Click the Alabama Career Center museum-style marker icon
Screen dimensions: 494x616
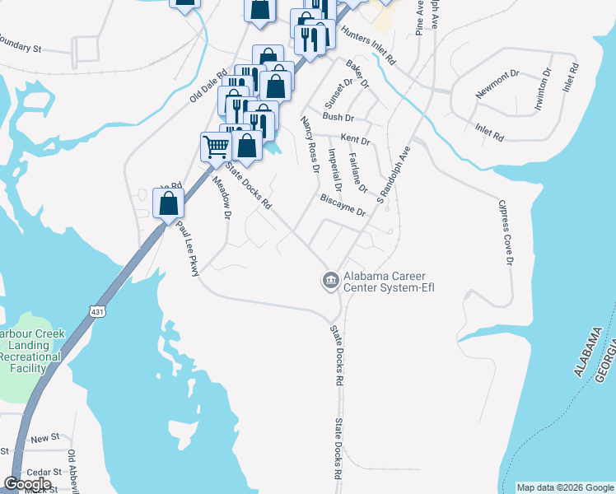pyautogui.click(x=330, y=281)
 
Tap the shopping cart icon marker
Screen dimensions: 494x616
pyautogui.click(x=216, y=147)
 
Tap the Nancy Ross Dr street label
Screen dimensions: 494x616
pyautogui.click(x=310, y=145)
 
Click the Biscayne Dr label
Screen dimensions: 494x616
pyautogui.click(x=343, y=206)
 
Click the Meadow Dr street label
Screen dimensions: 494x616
pyautogui.click(x=222, y=198)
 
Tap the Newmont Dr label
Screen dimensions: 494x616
pyautogui.click(x=497, y=89)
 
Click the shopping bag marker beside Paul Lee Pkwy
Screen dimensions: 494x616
pyautogui.click(x=168, y=203)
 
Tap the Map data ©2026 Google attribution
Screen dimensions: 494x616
pyautogui.click(x=565, y=487)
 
